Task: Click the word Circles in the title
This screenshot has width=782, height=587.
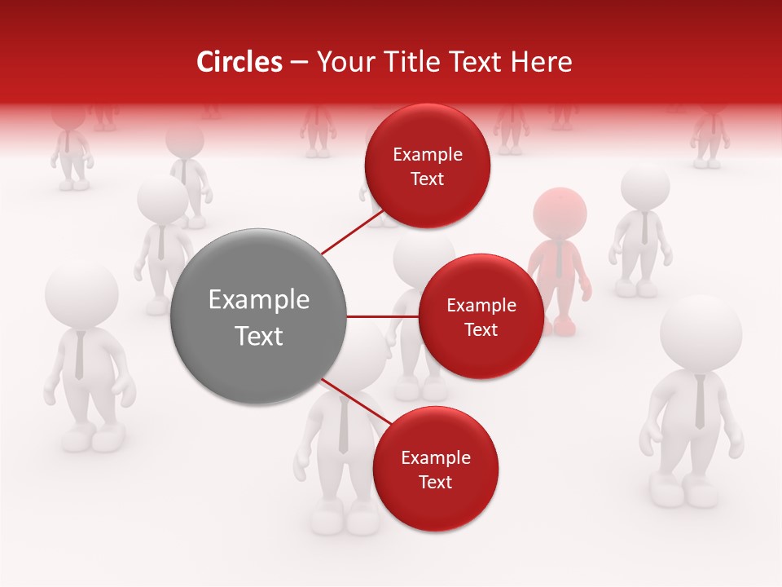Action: pyautogui.click(x=239, y=62)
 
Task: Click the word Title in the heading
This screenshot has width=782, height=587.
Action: pyautogui.click(x=407, y=62)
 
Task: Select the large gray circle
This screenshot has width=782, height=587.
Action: pyautogui.click(x=258, y=316)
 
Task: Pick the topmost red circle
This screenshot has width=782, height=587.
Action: pyautogui.click(x=427, y=166)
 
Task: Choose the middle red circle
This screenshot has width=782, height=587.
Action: pyautogui.click(x=481, y=316)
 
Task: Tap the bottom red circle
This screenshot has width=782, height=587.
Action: pyautogui.click(x=435, y=469)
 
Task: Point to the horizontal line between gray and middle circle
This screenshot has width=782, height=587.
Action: pyautogui.click(x=382, y=316)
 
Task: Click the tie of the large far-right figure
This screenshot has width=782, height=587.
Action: pyautogui.click(x=700, y=403)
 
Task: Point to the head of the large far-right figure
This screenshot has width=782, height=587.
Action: pyautogui.click(x=701, y=334)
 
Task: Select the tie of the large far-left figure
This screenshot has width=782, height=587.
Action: pyautogui.click(x=79, y=355)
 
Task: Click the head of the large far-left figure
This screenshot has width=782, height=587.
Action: pyautogui.click(x=81, y=295)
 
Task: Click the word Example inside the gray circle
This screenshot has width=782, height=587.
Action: pyautogui.click(x=258, y=300)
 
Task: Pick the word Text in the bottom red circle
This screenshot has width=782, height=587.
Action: pyautogui.click(x=435, y=482)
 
